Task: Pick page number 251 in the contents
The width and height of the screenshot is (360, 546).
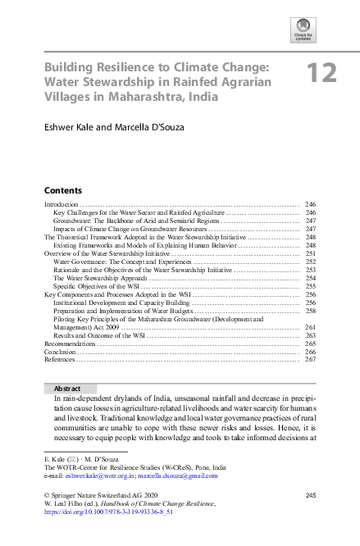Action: point(310,255)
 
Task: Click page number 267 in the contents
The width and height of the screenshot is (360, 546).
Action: point(310,359)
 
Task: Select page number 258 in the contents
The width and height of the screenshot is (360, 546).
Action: point(310,312)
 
